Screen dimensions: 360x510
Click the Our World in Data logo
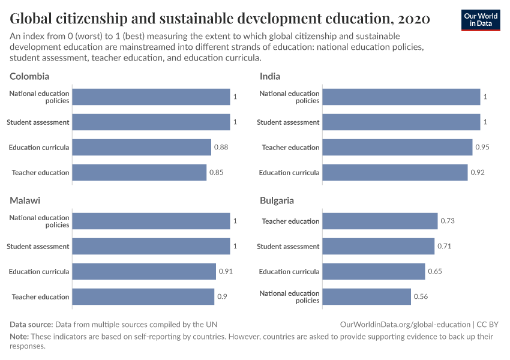click(x=481, y=20)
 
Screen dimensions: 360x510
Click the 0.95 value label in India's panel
click(x=483, y=148)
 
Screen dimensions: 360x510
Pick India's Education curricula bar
click(x=395, y=173)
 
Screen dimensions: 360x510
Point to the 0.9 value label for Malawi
click(x=221, y=297)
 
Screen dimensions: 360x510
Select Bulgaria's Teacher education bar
click(x=380, y=221)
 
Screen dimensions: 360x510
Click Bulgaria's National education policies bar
click(x=367, y=297)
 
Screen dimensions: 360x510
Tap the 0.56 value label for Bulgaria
click(x=421, y=297)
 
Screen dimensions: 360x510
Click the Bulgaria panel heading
click(x=277, y=200)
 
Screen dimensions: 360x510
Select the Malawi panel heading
click(x=25, y=200)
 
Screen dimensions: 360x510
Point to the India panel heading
click(x=270, y=76)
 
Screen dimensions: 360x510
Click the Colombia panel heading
click(x=29, y=76)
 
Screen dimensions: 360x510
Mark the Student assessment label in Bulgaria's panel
click(x=288, y=247)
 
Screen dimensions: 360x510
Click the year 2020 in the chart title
click(x=413, y=19)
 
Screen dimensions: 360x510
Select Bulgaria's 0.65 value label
click(x=435, y=272)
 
